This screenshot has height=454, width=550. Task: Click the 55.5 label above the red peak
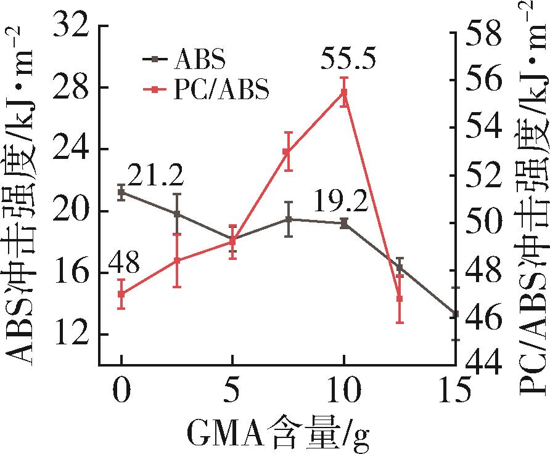coord(349,60)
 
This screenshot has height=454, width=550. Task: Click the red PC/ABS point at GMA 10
coord(344,92)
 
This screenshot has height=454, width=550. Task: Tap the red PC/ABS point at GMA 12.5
coord(400,298)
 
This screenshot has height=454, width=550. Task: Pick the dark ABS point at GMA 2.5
coord(177,214)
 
